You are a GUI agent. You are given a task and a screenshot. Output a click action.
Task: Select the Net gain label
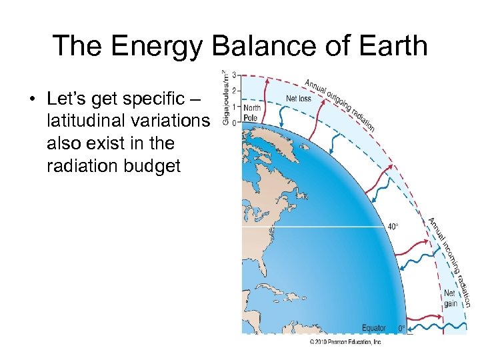pos(450,298)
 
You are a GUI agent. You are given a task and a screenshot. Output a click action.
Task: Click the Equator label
pos(373,328)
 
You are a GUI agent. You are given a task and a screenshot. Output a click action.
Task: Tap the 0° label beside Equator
pos(401,328)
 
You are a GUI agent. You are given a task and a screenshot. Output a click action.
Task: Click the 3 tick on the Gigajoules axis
pos(233,73)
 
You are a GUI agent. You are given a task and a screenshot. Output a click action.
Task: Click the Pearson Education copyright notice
pos(345,342)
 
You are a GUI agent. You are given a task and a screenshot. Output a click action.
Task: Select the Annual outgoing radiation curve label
pos(339,104)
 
